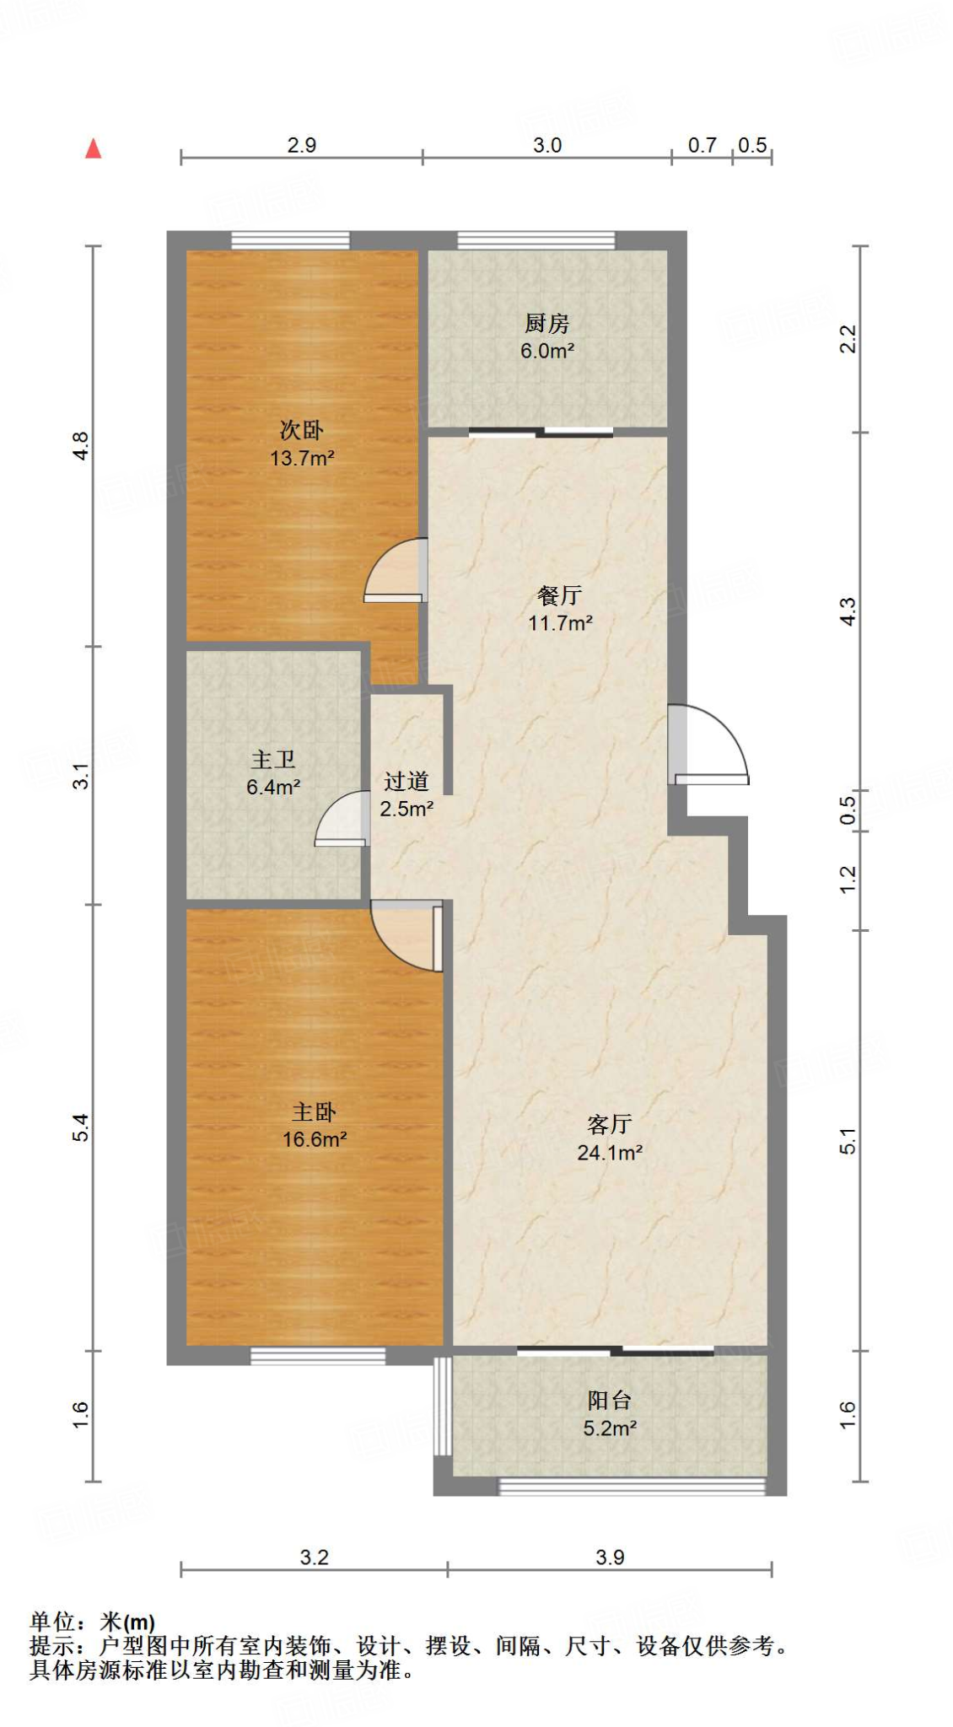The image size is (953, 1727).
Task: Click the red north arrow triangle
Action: click(x=94, y=149)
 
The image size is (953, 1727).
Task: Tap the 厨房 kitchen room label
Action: click(x=546, y=323)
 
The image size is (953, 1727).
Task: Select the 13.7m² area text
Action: click(x=302, y=459)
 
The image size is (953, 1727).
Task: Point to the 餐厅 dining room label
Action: click(x=559, y=595)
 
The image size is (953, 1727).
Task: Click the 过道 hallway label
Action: click(x=407, y=782)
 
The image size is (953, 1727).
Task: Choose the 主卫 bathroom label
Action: click(x=273, y=760)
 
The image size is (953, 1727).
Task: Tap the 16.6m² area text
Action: click(x=315, y=1140)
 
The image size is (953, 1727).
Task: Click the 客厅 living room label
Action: click(x=609, y=1124)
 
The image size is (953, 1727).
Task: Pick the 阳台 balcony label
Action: click(x=609, y=1401)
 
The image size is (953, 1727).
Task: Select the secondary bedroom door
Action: click(x=395, y=572)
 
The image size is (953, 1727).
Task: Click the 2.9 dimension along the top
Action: click(x=301, y=145)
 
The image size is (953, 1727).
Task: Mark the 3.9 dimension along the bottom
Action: click(x=610, y=1558)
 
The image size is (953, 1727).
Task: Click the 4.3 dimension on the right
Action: click(x=848, y=611)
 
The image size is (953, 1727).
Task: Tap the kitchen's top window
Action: click(x=536, y=239)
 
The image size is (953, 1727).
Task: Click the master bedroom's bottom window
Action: click(x=318, y=1356)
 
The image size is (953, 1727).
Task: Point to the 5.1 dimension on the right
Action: click(x=848, y=1141)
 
